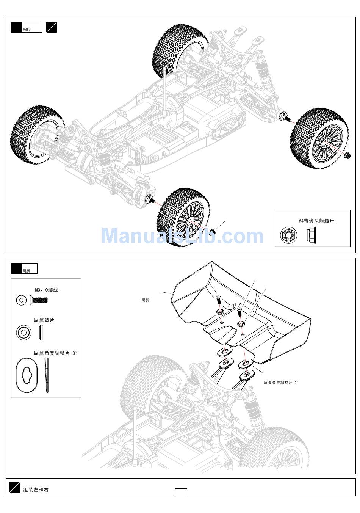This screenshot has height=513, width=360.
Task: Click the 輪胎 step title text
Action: pyautogui.click(x=27, y=29)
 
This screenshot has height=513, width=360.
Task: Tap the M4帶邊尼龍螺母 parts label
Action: pyautogui.click(x=316, y=221)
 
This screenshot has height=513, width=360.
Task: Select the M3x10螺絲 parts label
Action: pyautogui.click(x=47, y=290)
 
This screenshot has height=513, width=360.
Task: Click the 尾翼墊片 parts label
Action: pyautogui.click(x=44, y=320)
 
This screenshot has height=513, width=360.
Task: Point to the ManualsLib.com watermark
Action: pyautogui.click(x=182, y=236)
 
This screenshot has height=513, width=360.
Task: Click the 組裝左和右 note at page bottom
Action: pyautogui.click(x=36, y=489)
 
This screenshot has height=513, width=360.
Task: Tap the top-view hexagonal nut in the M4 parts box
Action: pyautogui.click(x=289, y=235)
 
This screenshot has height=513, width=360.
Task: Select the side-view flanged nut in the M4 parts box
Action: pyautogui.click(x=311, y=235)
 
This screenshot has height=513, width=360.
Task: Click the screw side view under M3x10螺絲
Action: pyautogui.click(x=39, y=300)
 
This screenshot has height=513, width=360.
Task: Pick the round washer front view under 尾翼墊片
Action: pyautogui.click(x=24, y=332)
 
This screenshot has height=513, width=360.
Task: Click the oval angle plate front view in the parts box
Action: pyautogui.click(x=27, y=375)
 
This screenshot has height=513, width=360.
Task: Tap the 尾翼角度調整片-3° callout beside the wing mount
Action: pyautogui.click(x=281, y=383)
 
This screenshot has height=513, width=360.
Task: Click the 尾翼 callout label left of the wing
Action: pyautogui.click(x=146, y=300)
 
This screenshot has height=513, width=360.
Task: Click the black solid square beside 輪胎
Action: pyautogui.click(x=16, y=27)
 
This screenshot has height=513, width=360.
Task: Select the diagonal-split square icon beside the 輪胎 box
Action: pyautogui.click(x=52, y=27)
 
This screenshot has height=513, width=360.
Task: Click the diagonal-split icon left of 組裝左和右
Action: pyautogui.click(x=15, y=488)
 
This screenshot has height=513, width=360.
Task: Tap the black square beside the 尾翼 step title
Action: pyautogui.click(x=16, y=268)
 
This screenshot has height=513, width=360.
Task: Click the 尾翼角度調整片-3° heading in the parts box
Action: pyautogui.click(x=55, y=353)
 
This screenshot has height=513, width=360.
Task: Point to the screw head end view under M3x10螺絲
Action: pyautogui.click(x=21, y=300)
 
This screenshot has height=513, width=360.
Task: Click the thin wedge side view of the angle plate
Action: pyautogui.click(x=47, y=375)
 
